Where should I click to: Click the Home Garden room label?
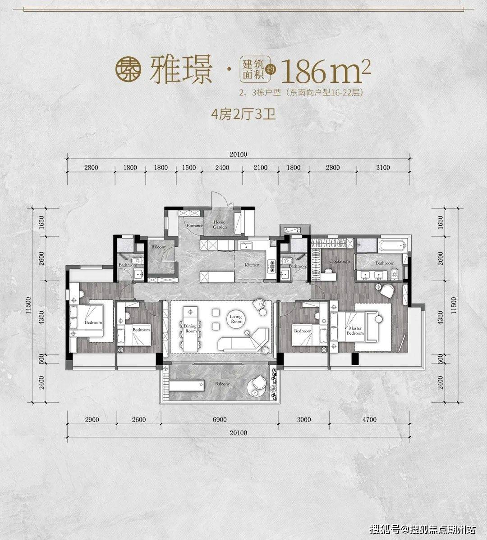[x=220, y=225]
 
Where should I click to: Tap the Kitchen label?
[x=252, y=265]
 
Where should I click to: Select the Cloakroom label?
[x=339, y=261]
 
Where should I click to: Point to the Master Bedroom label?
[x=355, y=331]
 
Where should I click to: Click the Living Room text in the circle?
[x=236, y=319]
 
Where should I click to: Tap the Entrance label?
[x=195, y=225]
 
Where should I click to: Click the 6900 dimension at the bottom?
[x=219, y=419]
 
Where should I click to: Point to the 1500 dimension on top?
[x=189, y=168]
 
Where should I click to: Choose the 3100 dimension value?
[x=382, y=168]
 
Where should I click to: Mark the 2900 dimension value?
[x=92, y=419]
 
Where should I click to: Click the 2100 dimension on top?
[x=260, y=168]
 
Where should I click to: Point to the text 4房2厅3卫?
[x=243, y=114]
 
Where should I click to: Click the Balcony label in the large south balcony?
[x=222, y=384]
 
